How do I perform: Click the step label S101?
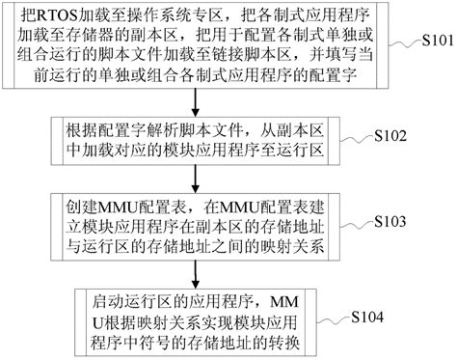click(429, 42)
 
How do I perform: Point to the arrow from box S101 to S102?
click(197, 102)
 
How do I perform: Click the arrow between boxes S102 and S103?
click(197, 178)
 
